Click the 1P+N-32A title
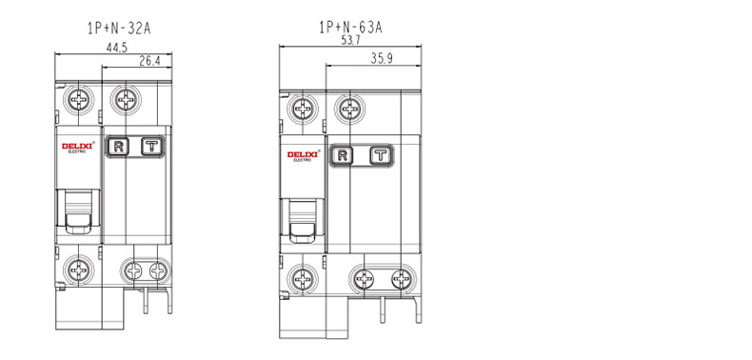tap(119, 29)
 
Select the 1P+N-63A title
tap(351, 28)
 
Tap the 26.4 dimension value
tap(149, 61)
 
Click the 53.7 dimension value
tap(350, 40)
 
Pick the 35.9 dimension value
tap(382, 58)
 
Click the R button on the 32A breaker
tap(118, 147)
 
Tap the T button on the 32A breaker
tap(152, 147)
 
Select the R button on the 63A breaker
tap(342, 155)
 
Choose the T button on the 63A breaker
tap(381, 155)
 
